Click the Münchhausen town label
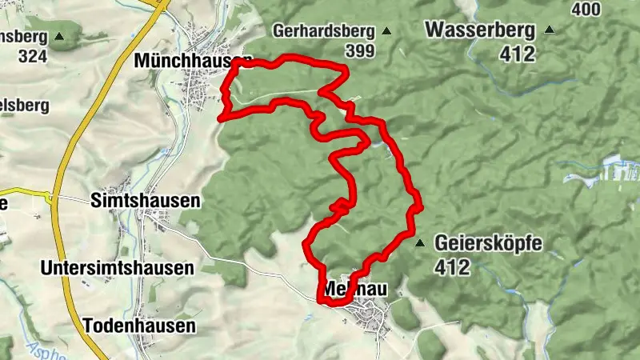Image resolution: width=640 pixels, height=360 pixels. click(192, 60)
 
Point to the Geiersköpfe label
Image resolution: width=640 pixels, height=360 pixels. click(488, 243)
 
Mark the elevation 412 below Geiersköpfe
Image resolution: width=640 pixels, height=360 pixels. click(453, 267)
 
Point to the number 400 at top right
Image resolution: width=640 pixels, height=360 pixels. click(586, 9)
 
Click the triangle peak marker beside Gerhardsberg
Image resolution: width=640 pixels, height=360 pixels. click(386, 32)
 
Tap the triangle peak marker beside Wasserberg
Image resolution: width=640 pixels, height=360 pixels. click(549, 31)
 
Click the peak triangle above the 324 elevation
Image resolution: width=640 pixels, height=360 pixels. click(60, 37)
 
